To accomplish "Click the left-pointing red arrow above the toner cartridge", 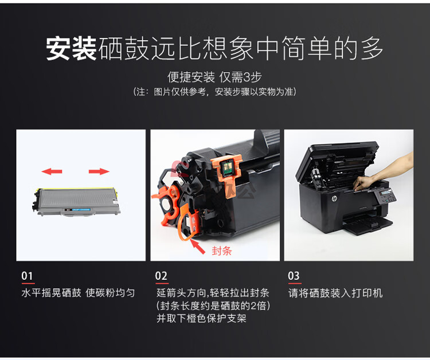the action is click(52, 171).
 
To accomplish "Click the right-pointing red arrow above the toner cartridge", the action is click(99, 171).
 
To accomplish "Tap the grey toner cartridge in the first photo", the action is click(76, 202).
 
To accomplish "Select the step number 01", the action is click(27, 276).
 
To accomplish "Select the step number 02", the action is click(161, 276).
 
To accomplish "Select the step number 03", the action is click(294, 276).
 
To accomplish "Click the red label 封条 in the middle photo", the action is click(222, 251).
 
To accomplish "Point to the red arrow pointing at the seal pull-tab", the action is click(198, 246).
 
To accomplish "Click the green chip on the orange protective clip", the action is click(226, 167).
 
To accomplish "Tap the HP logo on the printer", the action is click(334, 198).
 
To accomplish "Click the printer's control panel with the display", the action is click(386, 196).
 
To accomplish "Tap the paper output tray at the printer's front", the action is click(367, 224).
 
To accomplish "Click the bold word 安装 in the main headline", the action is click(71, 49).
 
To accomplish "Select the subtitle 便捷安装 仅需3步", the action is click(215, 77).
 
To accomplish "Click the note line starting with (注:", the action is click(215, 92).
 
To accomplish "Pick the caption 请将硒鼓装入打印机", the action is click(335, 293).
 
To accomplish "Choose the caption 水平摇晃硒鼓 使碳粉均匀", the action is click(78, 293).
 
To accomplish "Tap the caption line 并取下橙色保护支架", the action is click(202, 318).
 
